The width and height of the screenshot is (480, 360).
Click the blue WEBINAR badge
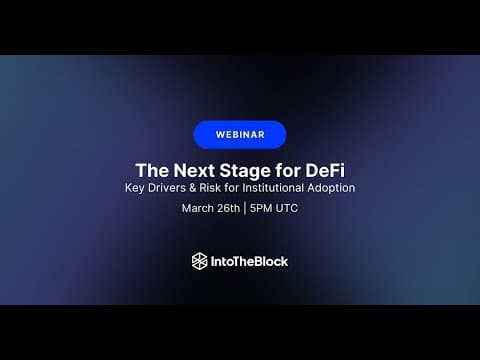pyautogui.click(x=240, y=135)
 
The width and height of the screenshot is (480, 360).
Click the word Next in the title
pyautogui.click(x=194, y=170)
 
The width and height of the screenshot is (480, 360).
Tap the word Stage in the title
pyautogui.click(x=245, y=171)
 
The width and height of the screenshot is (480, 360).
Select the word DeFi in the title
pyautogui.click(x=325, y=170)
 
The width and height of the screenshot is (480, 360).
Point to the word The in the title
pyautogui.click(x=152, y=170)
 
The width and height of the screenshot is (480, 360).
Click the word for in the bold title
pyautogui.click(x=287, y=170)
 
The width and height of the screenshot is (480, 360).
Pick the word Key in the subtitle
pyautogui.click(x=135, y=188)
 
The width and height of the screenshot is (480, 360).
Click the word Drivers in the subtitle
pyautogui.click(x=167, y=188)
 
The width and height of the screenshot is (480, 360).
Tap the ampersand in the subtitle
pyautogui.click(x=192, y=188)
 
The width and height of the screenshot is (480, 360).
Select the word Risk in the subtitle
pyautogui.click(x=210, y=188)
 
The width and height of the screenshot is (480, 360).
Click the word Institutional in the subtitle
pyautogui.click(x=273, y=188)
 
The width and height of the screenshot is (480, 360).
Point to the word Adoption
pyautogui.click(x=331, y=188)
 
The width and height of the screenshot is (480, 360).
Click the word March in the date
pyautogui.click(x=198, y=208)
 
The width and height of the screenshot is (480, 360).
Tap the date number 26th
pyautogui.click(x=228, y=208)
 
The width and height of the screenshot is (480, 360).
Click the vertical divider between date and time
pyautogui.click(x=245, y=208)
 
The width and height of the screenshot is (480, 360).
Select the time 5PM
pyautogui.click(x=261, y=208)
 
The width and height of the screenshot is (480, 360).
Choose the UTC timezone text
pyautogui.click(x=287, y=208)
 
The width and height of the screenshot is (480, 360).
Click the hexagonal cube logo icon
pyautogui.click(x=200, y=261)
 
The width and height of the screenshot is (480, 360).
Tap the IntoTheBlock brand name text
pyautogui.click(x=249, y=261)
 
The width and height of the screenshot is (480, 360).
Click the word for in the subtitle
pyautogui.click(x=232, y=188)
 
